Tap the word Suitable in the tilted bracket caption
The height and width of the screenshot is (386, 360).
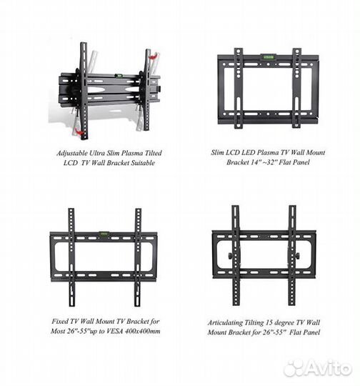[143, 163]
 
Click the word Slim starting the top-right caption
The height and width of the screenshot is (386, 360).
[217, 152]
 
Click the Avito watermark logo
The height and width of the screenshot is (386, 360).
[318, 368]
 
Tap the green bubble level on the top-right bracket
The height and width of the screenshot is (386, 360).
[269, 57]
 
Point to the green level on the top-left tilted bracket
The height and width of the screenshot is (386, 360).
[119, 75]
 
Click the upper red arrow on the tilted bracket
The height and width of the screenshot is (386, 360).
[154, 56]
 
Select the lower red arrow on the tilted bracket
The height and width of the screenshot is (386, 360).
[79, 132]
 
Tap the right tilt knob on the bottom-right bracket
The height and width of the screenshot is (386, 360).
[297, 256]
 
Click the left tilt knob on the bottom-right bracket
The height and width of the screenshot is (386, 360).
[230, 256]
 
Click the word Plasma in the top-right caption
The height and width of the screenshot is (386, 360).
[267, 152]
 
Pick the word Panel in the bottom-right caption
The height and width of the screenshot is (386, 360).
[311, 332]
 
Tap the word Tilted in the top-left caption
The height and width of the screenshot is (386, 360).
[153, 153]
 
